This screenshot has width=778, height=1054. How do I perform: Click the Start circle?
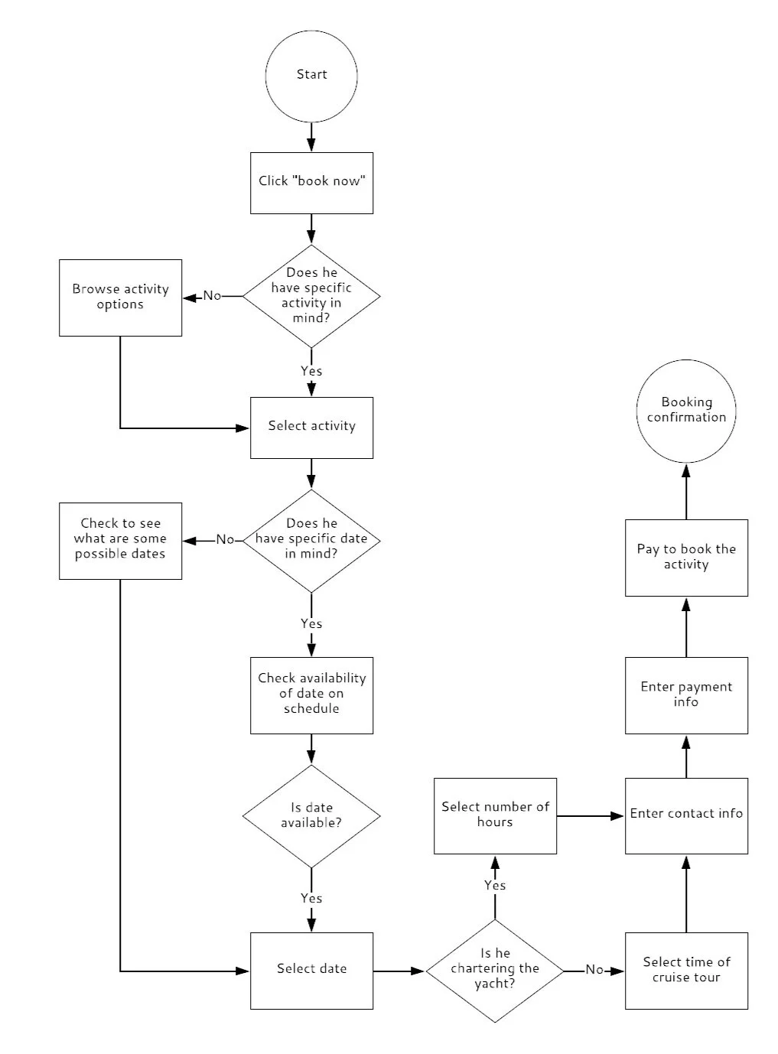[x=311, y=76]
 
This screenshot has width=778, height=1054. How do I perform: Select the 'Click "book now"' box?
[x=311, y=183]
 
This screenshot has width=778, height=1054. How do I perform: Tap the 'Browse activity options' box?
[x=120, y=298]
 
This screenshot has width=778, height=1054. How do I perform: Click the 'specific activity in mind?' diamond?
[x=311, y=296]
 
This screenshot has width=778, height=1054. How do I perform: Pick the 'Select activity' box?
[x=311, y=428]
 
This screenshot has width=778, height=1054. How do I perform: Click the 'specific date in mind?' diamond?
[x=311, y=540]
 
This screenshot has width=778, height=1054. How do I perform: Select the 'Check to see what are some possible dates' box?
[x=120, y=541]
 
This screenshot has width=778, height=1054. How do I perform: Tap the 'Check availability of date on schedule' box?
[x=311, y=695]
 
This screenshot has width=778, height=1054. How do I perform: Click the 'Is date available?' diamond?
[x=311, y=816]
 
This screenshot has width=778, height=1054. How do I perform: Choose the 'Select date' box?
[x=311, y=970]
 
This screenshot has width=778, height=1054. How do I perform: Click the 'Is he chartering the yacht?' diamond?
[x=495, y=971]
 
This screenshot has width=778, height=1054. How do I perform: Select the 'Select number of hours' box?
[x=495, y=815]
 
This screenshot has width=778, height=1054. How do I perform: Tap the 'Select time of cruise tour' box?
[x=686, y=970]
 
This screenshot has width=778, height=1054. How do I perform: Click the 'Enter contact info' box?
[x=686, y=815]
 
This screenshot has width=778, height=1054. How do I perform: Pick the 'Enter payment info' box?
[x=686, y=695]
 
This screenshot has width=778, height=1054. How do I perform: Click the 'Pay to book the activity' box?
[x=686, y=558]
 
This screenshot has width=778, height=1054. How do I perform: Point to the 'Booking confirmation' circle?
[x=686, y=411]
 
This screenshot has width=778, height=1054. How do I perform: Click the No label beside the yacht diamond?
[x=594, y=970]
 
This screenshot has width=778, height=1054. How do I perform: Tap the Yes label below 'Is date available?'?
[x=311, y=898]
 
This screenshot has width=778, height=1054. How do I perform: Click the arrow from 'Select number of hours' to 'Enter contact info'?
[x=590, y=816]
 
